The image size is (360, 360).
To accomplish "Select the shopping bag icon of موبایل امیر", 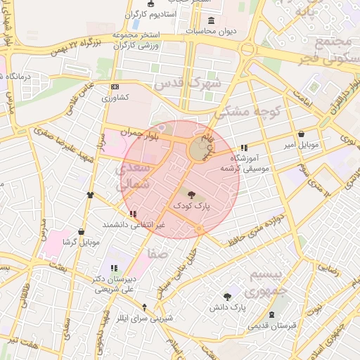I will click(x=301, y=134).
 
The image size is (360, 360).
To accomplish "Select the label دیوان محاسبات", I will click(x=210, y=31).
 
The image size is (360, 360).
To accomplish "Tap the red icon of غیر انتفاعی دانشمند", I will click(x=133, y=213).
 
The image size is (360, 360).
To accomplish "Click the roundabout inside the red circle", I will click(x=199, y=149).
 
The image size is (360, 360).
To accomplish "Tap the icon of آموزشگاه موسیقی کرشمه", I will click(x=244, y=148).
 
